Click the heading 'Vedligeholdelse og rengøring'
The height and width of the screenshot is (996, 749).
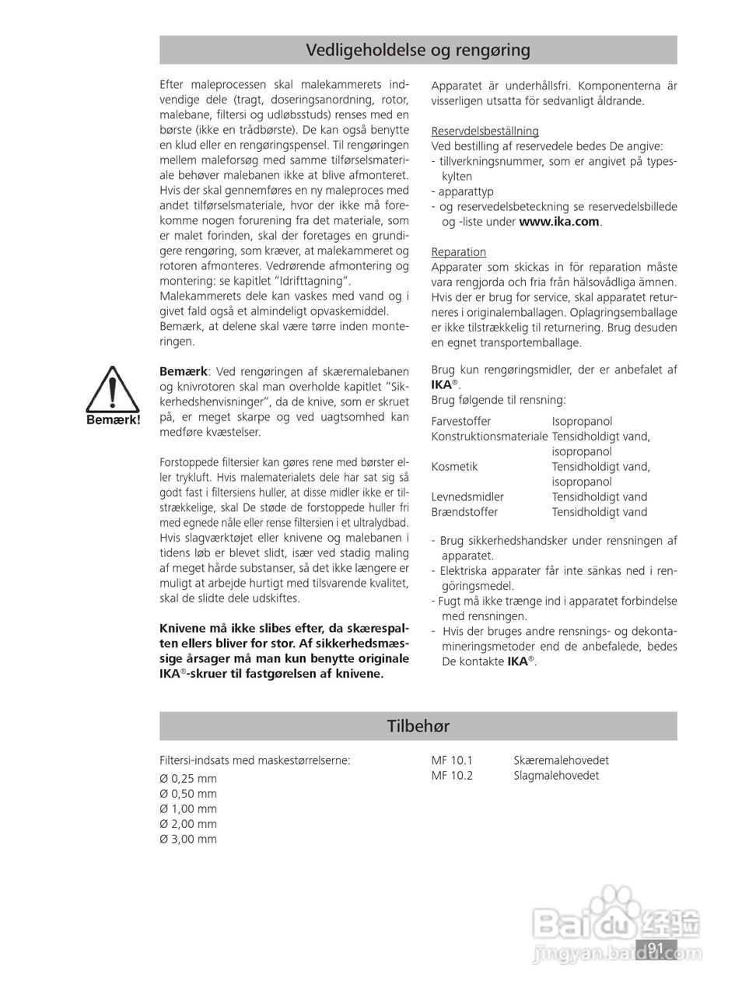click(418, 51)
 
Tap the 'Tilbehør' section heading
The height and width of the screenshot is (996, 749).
click(418, 726)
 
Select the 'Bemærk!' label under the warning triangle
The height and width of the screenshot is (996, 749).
click(114, 420)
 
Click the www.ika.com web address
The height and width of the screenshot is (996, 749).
click(558, 222)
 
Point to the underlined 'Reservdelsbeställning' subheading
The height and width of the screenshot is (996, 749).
click(485, 131)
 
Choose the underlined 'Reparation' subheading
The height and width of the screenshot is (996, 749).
click(458, 252)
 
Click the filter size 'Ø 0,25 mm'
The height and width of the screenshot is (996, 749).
click(188, 779)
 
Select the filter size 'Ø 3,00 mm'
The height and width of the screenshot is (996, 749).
click(188, 839)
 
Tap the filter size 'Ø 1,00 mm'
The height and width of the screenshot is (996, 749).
click(188, 809)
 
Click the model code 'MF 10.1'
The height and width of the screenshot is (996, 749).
click(451, 760)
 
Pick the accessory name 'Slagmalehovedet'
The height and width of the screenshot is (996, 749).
click(555, 776)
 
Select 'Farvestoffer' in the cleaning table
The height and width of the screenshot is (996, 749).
click(461, 421)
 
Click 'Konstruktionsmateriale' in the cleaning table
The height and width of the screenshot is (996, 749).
click(489, 437)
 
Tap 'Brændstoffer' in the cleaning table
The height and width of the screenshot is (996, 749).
click(464, 512)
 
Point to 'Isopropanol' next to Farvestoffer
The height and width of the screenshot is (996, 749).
click(582, 421)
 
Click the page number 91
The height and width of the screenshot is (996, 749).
click(655, 948)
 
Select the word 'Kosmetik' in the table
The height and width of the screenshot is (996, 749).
click(454, 467)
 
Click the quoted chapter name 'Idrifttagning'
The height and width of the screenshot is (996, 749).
click(314, 281)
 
